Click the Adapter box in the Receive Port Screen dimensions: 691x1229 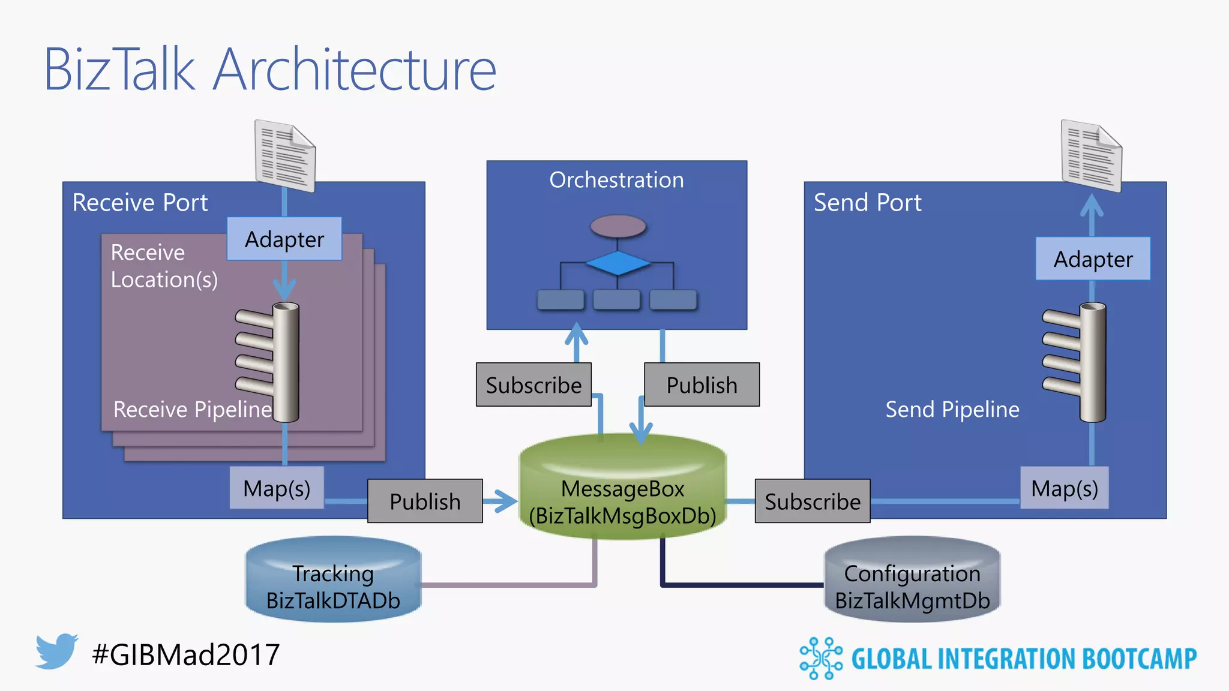click(x=284, y=239)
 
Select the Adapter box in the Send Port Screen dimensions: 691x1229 click(x=1093, y=259)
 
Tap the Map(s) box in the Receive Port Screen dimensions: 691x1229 click(x=277, y=488)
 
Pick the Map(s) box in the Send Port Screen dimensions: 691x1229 click(x=1064, y=488)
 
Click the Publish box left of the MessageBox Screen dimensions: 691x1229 click(x=425, y=501)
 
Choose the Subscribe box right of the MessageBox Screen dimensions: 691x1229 click(x=812, y=501)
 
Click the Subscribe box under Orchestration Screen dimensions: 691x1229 click(x=533, y=384)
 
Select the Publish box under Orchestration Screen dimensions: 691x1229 click(x=702, y=384)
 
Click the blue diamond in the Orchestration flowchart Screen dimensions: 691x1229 click(x=618, y=263)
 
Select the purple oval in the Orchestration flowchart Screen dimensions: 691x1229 click(x=618, y=226)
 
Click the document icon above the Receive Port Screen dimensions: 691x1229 click(x=285, y=156)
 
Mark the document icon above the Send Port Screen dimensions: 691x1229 click(x=1091, y=156)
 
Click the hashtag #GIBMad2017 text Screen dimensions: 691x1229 click(x=186, y=654)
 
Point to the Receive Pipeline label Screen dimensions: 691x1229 click(x=192, y=409)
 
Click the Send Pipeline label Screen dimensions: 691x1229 click(x=952, y=409)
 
